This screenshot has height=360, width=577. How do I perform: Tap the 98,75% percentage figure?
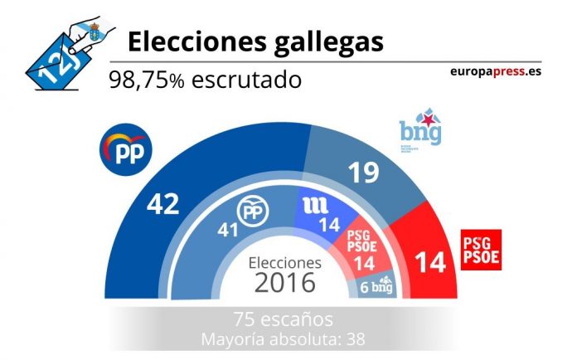(148, 80)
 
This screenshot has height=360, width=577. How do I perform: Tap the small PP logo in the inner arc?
(253, 214)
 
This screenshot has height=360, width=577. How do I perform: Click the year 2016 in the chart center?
(284, 283)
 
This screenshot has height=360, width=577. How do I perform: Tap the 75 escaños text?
(283, 320)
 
